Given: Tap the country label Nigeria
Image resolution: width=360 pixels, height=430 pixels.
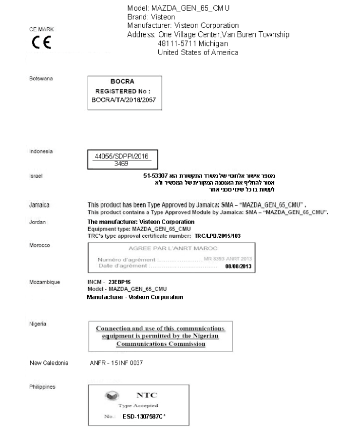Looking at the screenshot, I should [38, 324].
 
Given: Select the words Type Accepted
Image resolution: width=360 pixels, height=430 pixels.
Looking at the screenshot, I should [138, 405].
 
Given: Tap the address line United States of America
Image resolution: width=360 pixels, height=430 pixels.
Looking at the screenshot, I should [198, 52].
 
